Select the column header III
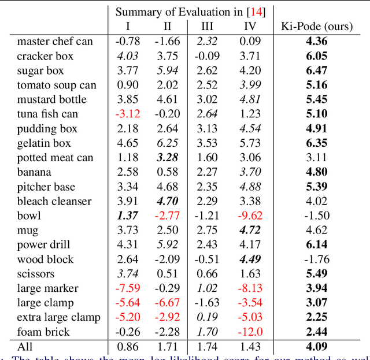(207, 26)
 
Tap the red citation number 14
(255, 12)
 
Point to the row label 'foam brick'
(43, 332)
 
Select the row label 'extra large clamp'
(58, 317)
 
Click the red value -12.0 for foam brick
(250, 332)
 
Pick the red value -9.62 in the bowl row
(250, 216)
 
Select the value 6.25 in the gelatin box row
(167, 143)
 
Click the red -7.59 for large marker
(128, 288)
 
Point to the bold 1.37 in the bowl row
(128, 216)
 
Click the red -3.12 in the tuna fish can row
(128, 114)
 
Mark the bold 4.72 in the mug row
(250, 230)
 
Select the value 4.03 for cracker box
(128, 56)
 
